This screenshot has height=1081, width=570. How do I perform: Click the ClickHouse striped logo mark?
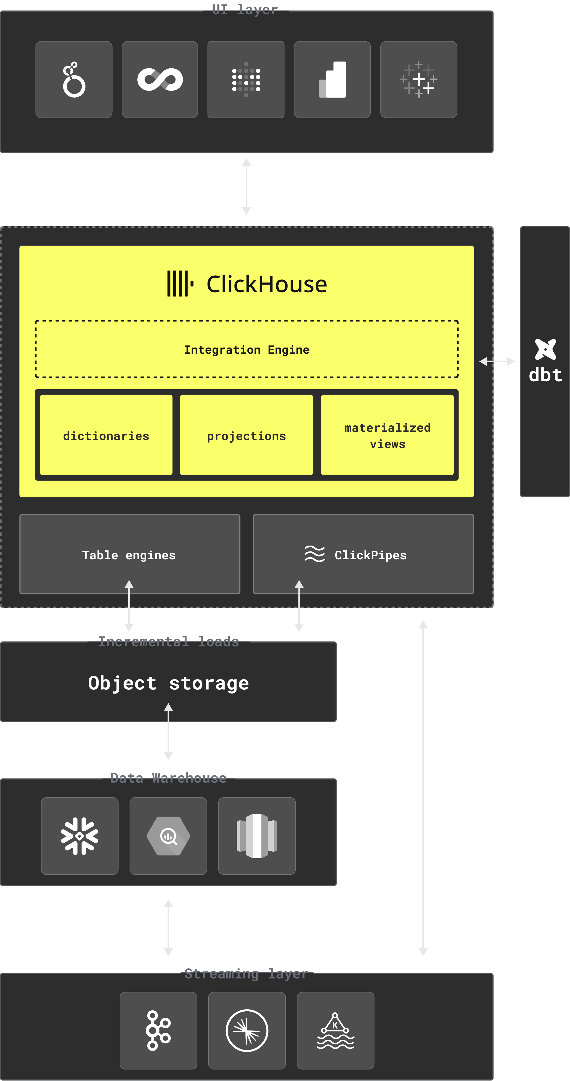[180, 284]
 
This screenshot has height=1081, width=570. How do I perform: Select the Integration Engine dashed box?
[247, 349]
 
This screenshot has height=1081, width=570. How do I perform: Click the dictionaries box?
[106, 435]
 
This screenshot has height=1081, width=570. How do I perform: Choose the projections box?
[247, 435]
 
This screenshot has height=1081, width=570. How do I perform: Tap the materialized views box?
[387, 435]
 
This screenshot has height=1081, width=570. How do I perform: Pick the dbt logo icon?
[545, 349]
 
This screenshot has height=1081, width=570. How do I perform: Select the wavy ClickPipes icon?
[314, 554]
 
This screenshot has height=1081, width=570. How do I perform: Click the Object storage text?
[169, 683]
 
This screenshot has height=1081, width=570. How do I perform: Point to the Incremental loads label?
[169, 642]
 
